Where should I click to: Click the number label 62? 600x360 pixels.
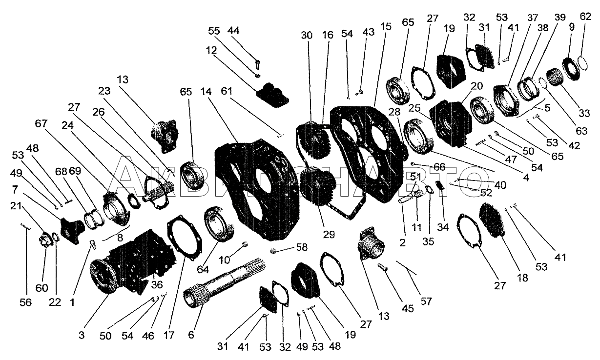click(585, 17)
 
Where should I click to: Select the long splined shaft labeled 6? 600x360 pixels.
click(225, 283)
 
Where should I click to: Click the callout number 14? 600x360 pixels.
click(206, 92)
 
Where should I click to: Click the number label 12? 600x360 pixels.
click(211, 50)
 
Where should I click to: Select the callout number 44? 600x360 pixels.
click(233, 31)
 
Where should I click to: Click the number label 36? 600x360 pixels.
click(157, 284)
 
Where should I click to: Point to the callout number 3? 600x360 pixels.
click(82, 335)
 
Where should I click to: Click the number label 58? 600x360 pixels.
click(302, 247)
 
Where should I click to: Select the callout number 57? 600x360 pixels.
click(426, 301)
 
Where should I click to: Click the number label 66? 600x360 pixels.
click(439, 167)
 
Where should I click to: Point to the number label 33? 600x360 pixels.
click(584, 113)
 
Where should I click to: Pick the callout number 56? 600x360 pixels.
click(25, 302)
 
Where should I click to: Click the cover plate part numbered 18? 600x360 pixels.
click(492, 220)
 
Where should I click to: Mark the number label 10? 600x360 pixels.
click(224, 260)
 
